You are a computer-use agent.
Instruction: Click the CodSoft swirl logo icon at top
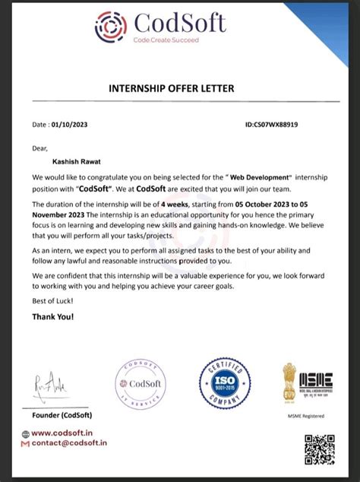point(111,26)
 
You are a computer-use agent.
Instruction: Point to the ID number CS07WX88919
point(271,123)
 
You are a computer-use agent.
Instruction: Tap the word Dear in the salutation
point(40,148)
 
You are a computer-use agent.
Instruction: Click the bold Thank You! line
point(54,316)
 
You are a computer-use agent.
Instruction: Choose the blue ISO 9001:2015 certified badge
point(225,384)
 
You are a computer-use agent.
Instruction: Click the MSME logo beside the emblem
point(316,381)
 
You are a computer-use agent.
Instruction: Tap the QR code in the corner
point(319,450)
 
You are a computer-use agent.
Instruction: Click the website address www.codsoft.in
point(72,433)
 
